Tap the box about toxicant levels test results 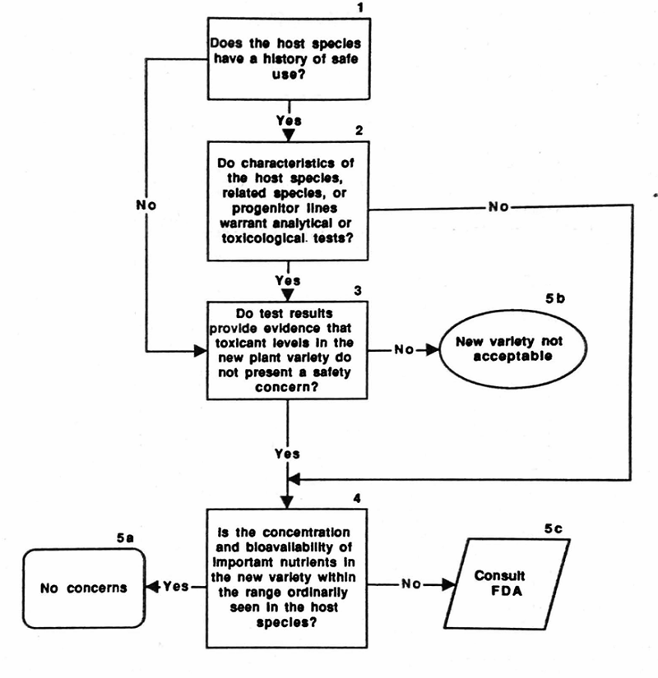[x=286, y=351]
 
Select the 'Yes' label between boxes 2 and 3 [x=286, y=279]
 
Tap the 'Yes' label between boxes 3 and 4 [x=286, y=453]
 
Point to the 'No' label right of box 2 [x=498, y=207]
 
